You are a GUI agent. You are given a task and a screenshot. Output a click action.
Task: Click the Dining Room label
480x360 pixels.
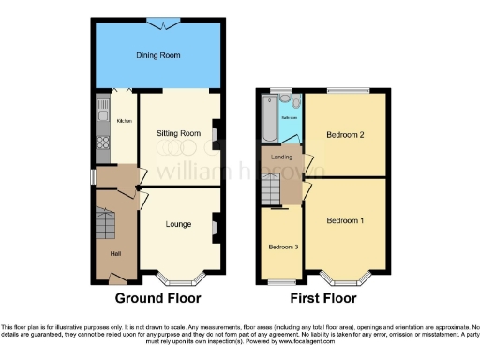pyautogui.click(x=159, y=55)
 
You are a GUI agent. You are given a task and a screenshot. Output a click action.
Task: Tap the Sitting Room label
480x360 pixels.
pyautogui.click(x=178, y=134)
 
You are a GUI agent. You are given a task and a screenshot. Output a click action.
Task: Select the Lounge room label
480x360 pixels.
pyautogui.click(x=179, y=224)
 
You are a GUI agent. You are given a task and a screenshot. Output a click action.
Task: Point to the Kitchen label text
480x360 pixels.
pyautogui.click(x=124, y=122)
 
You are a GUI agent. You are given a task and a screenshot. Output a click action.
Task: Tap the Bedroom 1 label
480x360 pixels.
pyautogui.click(x=346, y=221)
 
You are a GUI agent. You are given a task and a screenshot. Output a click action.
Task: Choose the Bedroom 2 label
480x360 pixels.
pyautogui.click(x=345, y=135)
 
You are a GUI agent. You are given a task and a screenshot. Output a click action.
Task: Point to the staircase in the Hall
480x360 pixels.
pyautogui.click(x=105, y=226)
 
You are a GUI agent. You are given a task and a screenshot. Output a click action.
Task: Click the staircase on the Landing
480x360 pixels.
pyautogui.click(x=271, y=189)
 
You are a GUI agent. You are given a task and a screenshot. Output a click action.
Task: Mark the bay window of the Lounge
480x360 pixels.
pyautogui.click(x=179, y=277)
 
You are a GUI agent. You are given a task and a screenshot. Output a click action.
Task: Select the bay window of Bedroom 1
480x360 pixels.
pyautogui.click(x=345, y=278)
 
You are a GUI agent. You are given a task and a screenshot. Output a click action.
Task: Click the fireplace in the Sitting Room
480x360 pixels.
pyautogui.click(x=216, y=135)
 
